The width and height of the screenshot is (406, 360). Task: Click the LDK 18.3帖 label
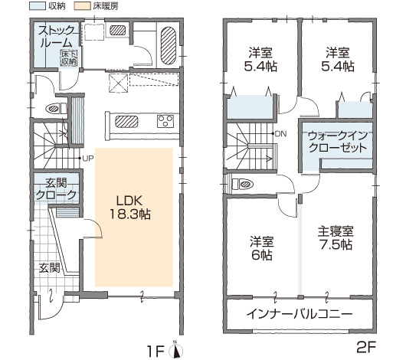pyautogui.click(x=130, y=208)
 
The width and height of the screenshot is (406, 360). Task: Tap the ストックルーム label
pyautogui.click(x=56, y=37)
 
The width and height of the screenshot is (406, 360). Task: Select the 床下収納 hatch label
pyautogui.click(x=69, y=57)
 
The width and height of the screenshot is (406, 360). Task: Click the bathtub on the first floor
pyautogui.click(x=169, y=46)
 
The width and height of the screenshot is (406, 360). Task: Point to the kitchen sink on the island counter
pyautogui.click(x=126, y=122)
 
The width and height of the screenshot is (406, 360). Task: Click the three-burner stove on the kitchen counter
pyautogui.click(x=165, y=121)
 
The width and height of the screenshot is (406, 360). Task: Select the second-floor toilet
pyautogui.click(x=243, y=184)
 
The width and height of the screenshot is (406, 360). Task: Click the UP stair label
pyautogui.click(x=88, y=159)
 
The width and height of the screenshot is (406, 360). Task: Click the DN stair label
pyautogui.click(x=280, y=134)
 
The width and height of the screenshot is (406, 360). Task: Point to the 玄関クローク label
pyautogui.click(x=56, y=189)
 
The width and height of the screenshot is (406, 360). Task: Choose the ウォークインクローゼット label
pyautogui.click(x=338, y=142)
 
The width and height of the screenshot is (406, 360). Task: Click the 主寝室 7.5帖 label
pyautogui.click(x=336, y=238)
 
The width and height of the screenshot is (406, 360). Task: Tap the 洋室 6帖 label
pyautogui.click(x=261, y=248)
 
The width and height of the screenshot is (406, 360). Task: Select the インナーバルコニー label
pyautogui.click(x=300, y=314)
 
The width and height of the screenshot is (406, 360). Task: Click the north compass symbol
pyautogui.click(x=176, y=350)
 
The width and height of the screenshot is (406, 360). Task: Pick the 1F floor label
pyautogui.click(x=156, y=352)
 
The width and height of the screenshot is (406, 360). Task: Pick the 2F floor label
pyautogui.click(x=366, y=348)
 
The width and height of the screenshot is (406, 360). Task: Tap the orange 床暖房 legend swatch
pyautogui.click(x=82, y=6)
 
